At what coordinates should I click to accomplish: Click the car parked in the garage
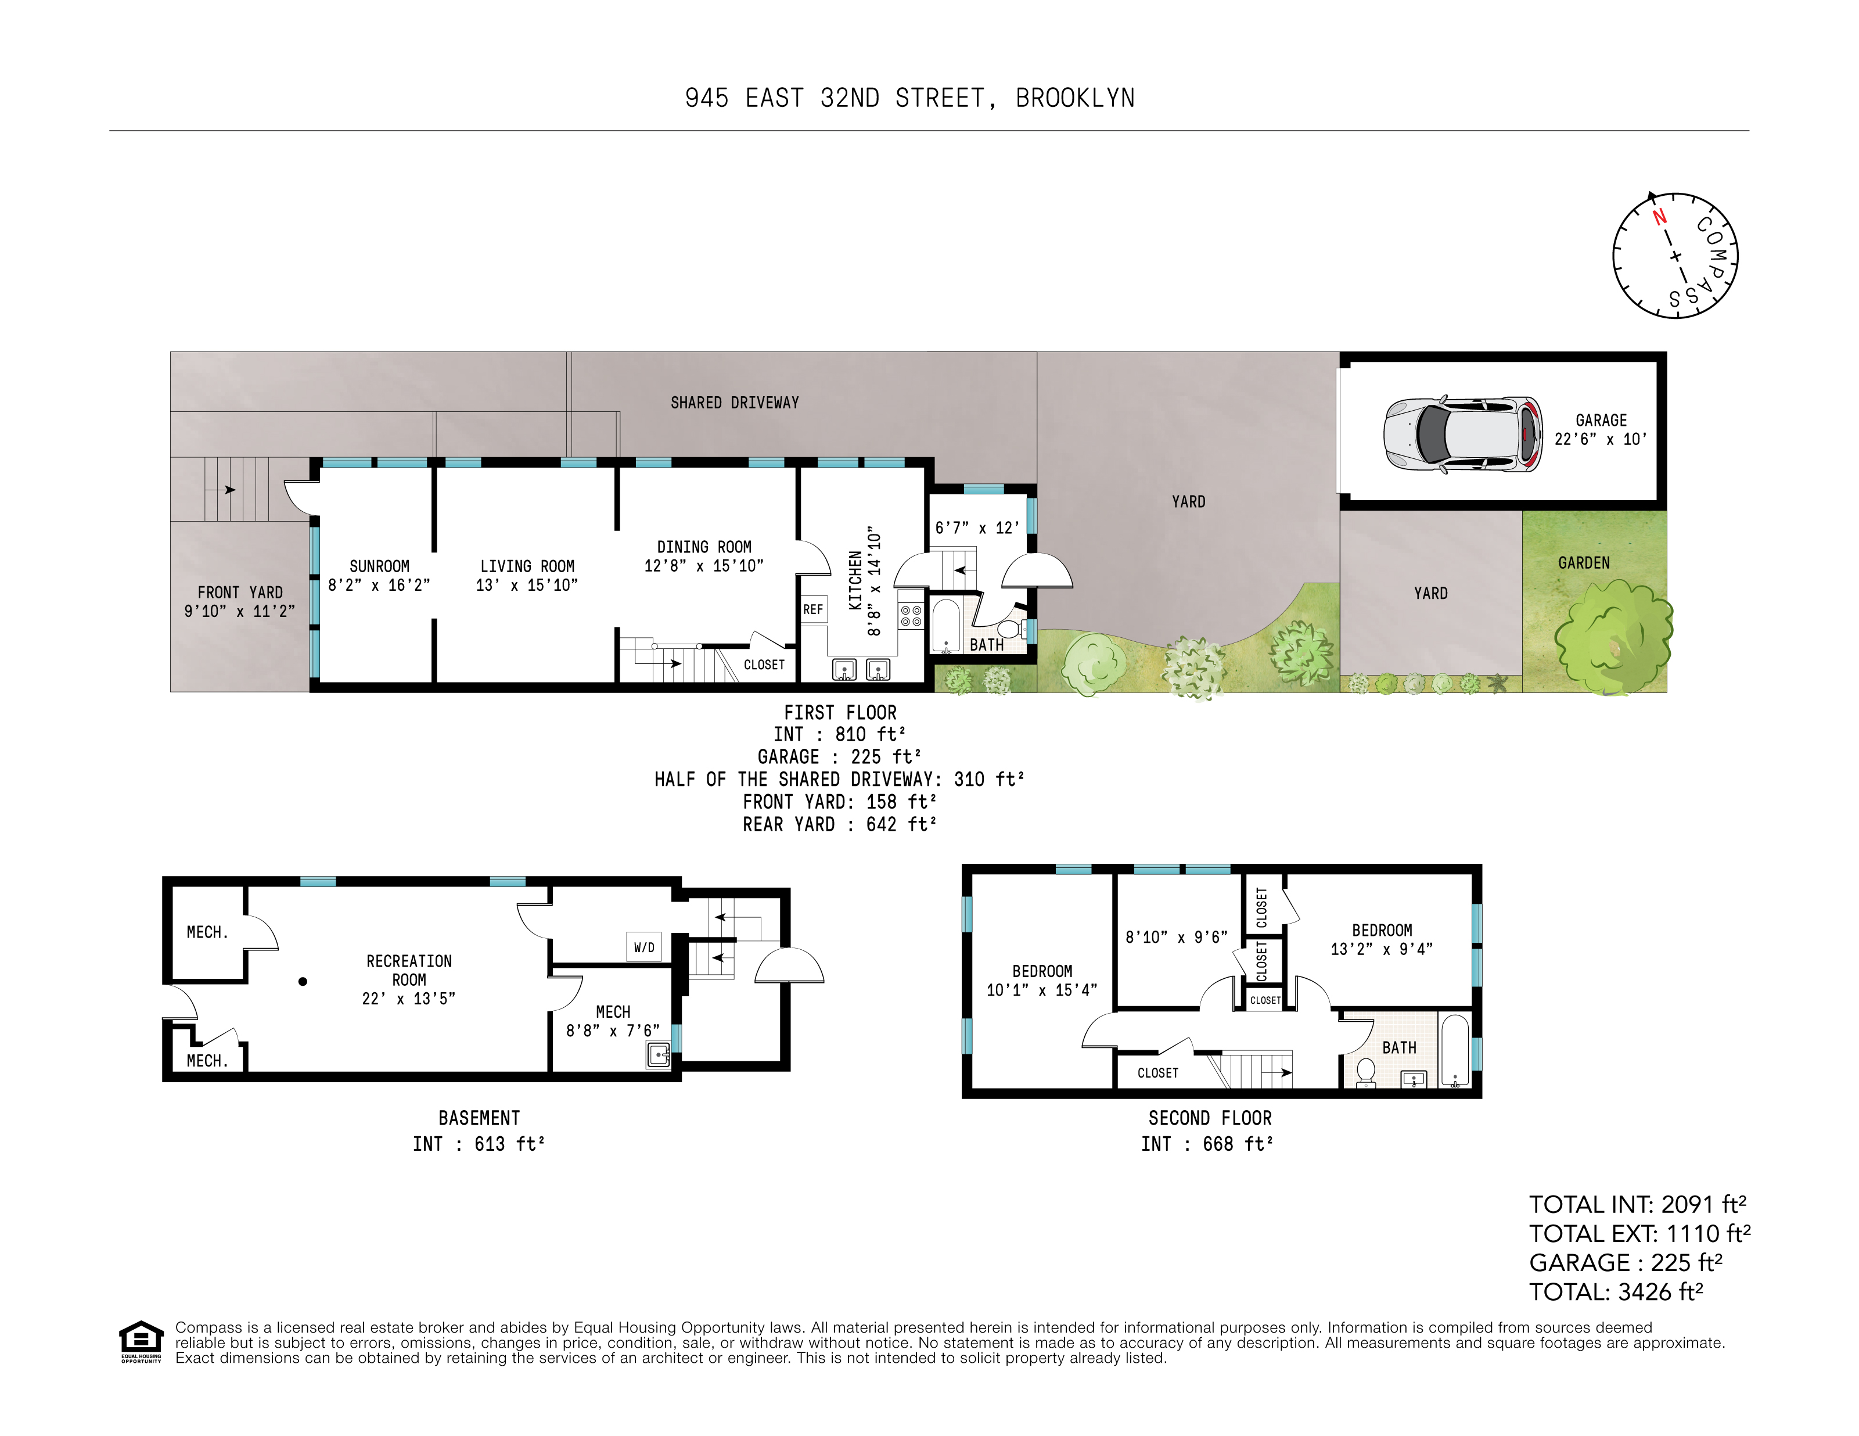coord(1462,434)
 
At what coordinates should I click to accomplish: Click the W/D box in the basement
coord(645,947)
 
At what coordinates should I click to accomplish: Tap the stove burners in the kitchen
coord(910,615)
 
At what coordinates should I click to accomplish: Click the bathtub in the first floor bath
coord(945,626)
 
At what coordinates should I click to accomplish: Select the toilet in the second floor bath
coord(1365,1072)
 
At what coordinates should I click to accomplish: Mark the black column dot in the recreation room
coord(302,982)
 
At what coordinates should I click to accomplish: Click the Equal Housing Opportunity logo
coord(141,1341)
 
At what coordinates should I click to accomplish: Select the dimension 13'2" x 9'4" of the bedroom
coord(1382,949)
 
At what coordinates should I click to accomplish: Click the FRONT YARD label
coord(240,593)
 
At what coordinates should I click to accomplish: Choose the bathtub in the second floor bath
coord(1455,1051)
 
